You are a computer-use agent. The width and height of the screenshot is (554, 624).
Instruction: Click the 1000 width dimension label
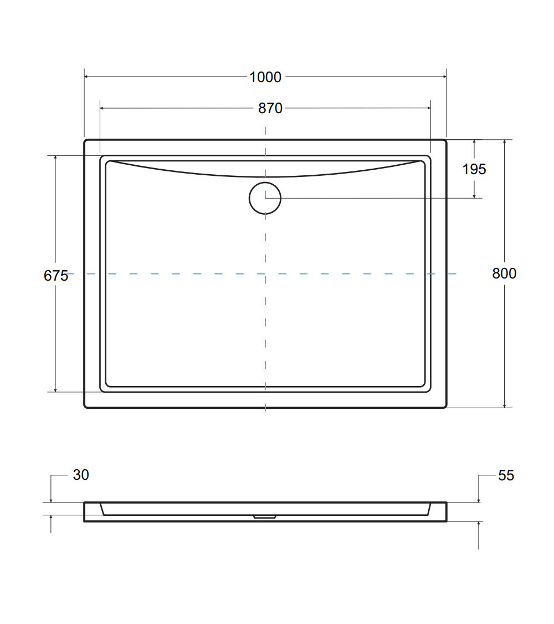[265, 77]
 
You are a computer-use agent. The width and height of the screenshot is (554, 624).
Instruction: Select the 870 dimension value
[270, 108]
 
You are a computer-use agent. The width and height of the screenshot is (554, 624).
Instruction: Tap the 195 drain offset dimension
[474, 169]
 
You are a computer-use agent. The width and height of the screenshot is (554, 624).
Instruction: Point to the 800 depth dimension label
[504, 273]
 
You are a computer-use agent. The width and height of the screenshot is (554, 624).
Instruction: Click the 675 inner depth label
[56, 275]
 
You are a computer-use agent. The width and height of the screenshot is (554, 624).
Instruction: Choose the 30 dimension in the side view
[81, 475]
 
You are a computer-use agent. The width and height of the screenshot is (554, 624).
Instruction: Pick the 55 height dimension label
[506, 475]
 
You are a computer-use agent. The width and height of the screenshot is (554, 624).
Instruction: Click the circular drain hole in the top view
[265, 182]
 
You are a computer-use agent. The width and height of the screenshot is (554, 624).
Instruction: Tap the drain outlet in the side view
[265, 516]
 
